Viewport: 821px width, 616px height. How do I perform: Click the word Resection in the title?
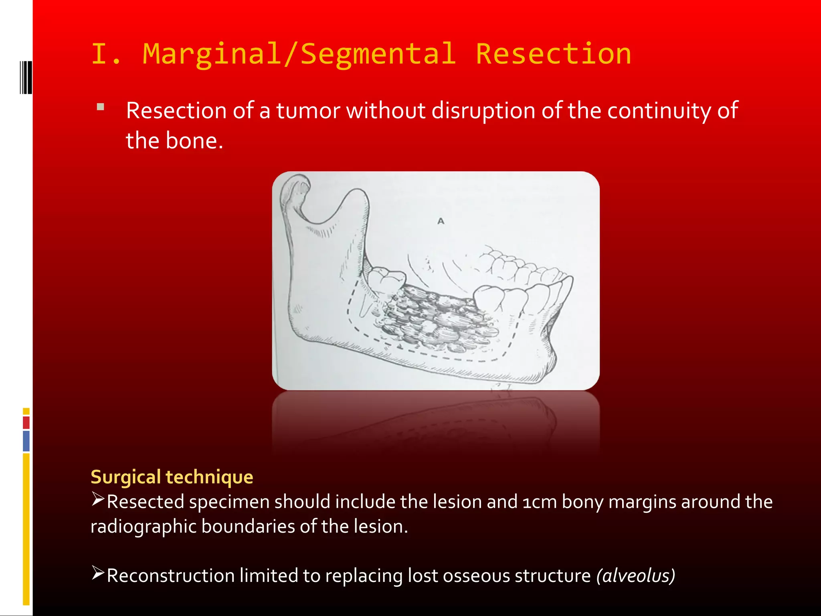click(x=553, y=54)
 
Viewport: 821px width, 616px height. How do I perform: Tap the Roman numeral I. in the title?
click(x=106, y=54)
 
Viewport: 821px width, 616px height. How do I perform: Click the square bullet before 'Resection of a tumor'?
click(x=101, y=107)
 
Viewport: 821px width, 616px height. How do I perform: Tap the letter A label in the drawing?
click(x=441, y=221)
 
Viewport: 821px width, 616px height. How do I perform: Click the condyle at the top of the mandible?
click(x=295, y=188)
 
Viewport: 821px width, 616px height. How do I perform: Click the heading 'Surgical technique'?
click(x=172, y=477)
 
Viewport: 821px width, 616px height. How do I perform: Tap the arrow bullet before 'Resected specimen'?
click(x=98, y=499)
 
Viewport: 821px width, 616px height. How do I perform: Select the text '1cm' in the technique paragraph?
click(x=539, y=502)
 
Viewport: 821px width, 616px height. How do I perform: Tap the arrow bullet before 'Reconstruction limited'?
click(x=98, y=573)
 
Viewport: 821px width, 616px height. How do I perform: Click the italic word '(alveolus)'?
click(x=635, y=576)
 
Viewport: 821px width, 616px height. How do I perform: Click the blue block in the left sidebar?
click(x=26, y=441)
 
